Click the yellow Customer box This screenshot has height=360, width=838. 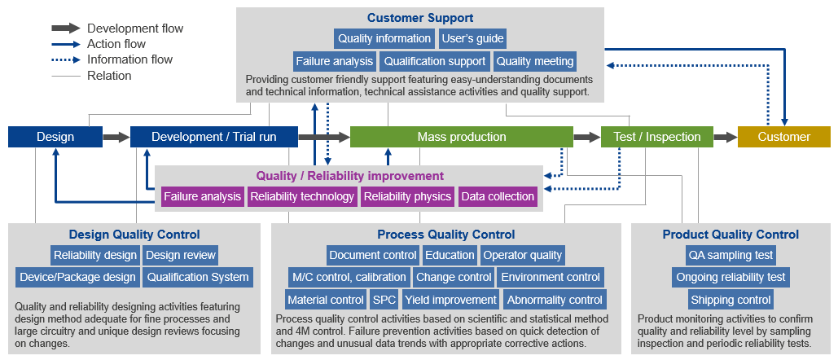(784, 137)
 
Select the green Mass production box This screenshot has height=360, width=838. (462, 137)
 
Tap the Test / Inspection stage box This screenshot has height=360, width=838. (657, 137)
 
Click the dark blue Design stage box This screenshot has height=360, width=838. (55, 137)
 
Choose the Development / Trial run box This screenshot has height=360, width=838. (213, 137)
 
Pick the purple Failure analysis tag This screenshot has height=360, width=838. (203, 196)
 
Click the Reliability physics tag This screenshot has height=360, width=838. (408, 196)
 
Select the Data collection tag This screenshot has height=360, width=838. (498, 196)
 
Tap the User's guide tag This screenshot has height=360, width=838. (472, 38)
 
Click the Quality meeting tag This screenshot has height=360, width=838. (535, 61)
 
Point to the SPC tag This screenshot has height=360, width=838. (384, 300)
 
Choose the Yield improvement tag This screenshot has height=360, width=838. (450, 300)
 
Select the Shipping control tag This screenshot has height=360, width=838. (731, 300)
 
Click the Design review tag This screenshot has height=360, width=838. (181, 255)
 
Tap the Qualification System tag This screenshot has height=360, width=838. (198, 277)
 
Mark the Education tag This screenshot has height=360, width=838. (450, 255)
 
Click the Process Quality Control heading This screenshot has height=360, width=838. (446, 235)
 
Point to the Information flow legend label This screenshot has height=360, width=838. (129, 59)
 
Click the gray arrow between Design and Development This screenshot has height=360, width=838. (116, 138)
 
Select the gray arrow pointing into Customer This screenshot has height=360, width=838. (726, 138)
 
